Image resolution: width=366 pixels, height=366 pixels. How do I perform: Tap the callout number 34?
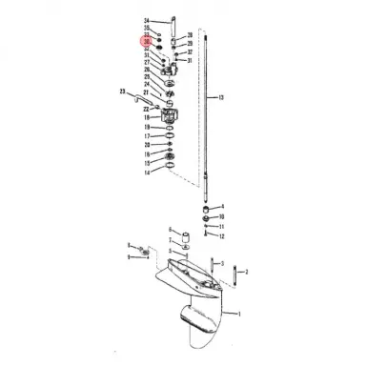click(146, 20)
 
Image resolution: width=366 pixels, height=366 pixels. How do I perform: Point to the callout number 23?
click(122, 91)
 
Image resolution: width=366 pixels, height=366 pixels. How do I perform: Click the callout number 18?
click(146, 117)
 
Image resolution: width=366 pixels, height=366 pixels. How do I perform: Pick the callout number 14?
click(146, 173)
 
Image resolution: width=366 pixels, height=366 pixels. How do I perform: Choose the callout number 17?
click(146, 136)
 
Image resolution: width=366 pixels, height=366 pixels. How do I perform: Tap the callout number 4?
click(221, 206)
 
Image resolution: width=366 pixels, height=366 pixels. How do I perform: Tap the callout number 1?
click(239, 313)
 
